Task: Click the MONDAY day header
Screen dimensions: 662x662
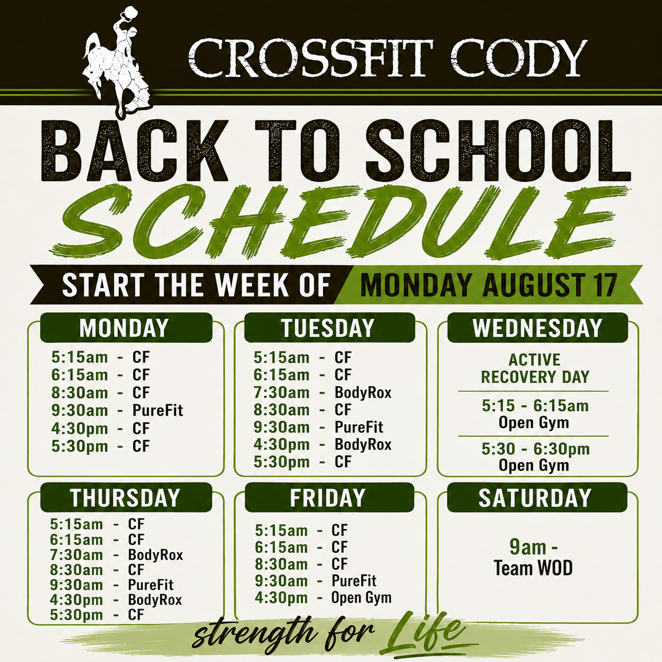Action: click(124, 328)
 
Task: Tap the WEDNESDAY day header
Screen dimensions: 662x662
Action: click(537, 328)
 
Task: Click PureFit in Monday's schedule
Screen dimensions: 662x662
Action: click(158, 411)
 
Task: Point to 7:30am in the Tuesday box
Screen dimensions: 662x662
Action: click(281, 393)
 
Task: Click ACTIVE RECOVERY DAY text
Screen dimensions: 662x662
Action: click(535, 368)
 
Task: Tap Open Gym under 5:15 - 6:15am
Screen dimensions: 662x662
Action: click(534, 422)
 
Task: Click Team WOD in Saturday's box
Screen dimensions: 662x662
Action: click(533, 568)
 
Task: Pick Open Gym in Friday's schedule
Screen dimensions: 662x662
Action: click(361, 598)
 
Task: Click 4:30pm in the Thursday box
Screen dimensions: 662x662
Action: click(76, 600)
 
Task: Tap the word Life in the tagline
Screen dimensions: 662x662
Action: click(427, 632)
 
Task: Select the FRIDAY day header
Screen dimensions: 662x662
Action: click(328, 498)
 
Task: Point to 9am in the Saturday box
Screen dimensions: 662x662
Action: click(528, 547)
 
